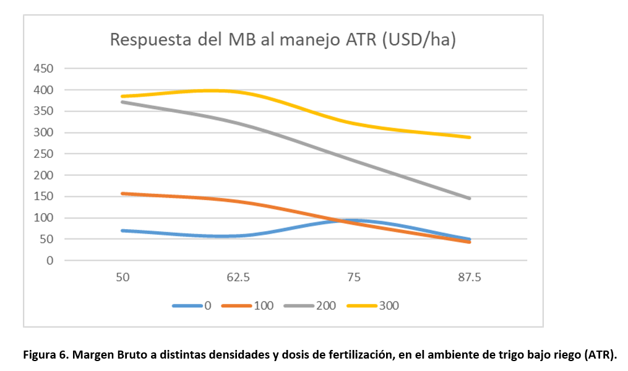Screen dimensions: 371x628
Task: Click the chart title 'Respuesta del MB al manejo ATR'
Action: coord(283,40)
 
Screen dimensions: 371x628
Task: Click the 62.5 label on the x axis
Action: coord(238,277)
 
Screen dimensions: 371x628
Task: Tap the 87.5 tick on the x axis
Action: coord(469,277)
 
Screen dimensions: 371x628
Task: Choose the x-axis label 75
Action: coord(353,277)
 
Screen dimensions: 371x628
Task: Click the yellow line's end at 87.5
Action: coord(470,137)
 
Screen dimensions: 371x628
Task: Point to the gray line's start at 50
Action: coord(123,102)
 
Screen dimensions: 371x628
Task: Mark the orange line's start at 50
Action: coord(123,193)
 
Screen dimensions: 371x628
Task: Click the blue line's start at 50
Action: coord(123,230)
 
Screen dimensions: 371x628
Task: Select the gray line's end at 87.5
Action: coord(470,198)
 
